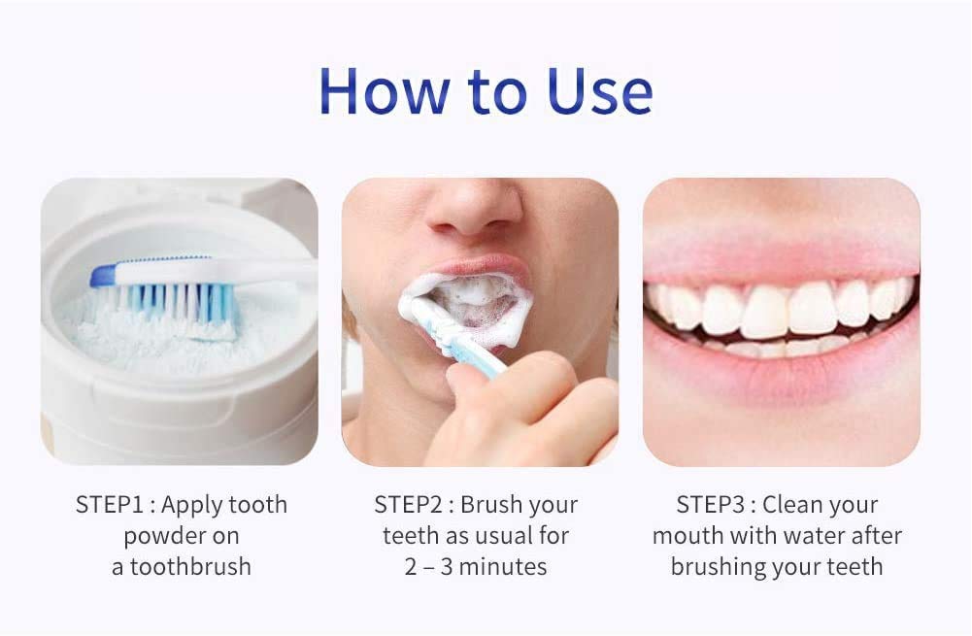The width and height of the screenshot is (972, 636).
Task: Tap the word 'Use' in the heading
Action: coord(599,91)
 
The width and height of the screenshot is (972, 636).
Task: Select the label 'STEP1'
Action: coord(110,505)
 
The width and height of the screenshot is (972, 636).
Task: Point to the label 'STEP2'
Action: coord(409,505)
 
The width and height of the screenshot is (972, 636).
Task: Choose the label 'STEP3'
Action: coord(711,505)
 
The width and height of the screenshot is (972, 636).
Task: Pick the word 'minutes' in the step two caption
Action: coord(503,566)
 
